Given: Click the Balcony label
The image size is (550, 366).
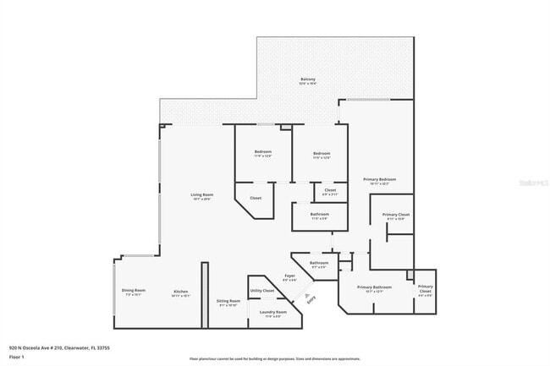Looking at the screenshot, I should (308, 79).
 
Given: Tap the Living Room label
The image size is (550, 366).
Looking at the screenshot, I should (201, 195).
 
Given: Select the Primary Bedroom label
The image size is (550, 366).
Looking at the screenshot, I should (380, 179).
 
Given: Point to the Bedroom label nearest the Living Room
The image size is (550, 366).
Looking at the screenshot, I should (262, 152).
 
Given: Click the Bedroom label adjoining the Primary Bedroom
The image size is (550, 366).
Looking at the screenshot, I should (321, 153).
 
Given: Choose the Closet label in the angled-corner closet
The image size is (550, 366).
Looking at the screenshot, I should (255, 198).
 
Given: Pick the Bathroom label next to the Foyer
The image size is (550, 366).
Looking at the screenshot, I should (319, 263).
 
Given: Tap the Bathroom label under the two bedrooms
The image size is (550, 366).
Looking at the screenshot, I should (319, 214).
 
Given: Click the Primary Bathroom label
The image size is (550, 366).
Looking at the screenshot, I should (370, 287).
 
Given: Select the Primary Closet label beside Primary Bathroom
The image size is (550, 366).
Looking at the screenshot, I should (425, 289).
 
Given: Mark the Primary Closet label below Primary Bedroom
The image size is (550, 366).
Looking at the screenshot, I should (396, 215).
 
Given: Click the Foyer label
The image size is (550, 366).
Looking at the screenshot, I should (289, 276).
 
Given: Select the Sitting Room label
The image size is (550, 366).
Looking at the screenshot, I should (229, 301).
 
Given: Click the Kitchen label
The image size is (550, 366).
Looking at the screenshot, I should (181, 292).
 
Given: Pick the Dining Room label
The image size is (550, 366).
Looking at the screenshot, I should (134, 291).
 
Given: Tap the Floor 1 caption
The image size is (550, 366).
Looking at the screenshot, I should (16, 357).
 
